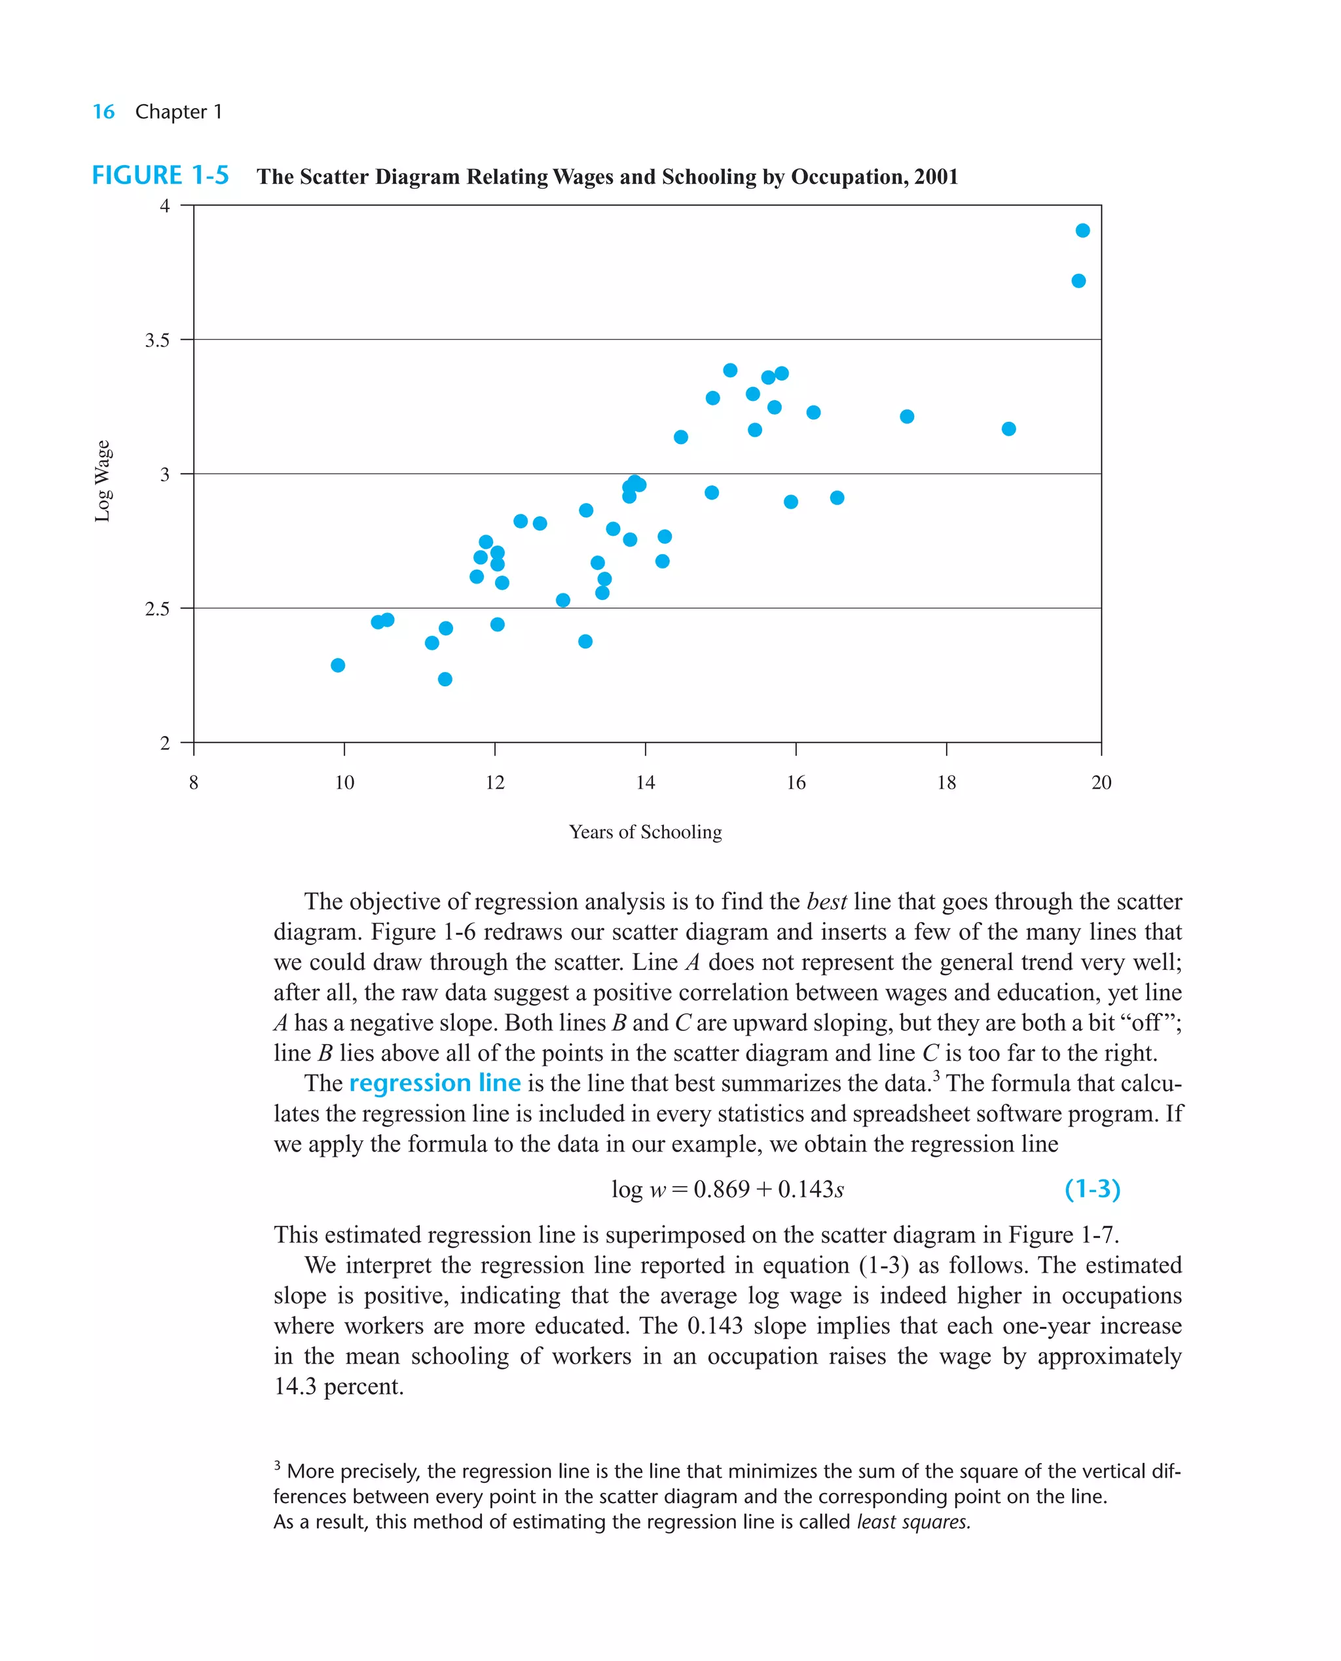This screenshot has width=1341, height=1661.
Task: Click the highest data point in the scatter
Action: (1082, 231)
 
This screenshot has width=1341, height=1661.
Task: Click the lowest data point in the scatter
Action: (445, 679)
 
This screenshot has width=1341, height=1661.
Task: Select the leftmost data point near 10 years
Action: (338, 665)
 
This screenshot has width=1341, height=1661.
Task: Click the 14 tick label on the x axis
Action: (645, 783)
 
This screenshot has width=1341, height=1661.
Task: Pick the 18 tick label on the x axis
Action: (946, 783)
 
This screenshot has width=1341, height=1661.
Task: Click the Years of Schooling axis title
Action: (645, 832)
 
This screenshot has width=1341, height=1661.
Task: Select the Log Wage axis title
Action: (102, 481)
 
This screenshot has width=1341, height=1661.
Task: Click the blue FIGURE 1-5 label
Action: (160, 176)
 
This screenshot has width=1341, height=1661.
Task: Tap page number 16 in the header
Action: (103, 112)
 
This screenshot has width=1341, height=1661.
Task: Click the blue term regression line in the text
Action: (435, 1083)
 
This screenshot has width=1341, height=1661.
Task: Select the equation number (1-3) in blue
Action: (1092, 1188)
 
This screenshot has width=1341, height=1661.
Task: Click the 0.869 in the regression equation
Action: (721, 1189)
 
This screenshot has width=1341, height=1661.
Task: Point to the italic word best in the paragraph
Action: (826, 902)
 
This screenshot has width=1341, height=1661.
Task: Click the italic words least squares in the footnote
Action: (912, 1522)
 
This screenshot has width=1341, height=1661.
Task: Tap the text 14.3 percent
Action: (339, 1387)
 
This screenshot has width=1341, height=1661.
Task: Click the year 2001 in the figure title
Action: (936, 177)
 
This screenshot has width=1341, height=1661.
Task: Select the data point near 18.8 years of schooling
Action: (1008, 429)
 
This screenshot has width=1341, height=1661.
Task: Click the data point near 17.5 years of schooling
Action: (907, 417)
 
